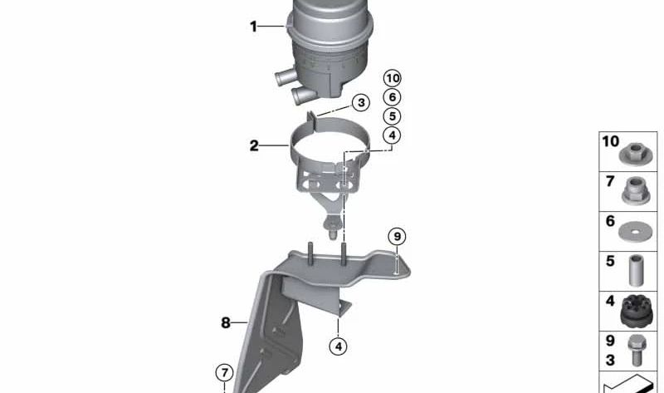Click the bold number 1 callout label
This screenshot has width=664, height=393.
click(x=254, y=27)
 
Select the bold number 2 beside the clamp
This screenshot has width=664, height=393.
click(x=254, y=146)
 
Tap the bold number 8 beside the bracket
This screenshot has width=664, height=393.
click(x=225, y=323)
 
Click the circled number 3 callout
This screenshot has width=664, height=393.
click(x=359, y=103)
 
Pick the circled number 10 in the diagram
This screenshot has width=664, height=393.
click(x=392, y=78)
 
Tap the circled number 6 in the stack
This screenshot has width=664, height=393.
click(x=392, y=97)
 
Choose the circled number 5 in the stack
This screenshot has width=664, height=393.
click(x=392, y=116)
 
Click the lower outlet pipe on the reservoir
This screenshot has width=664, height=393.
click(x=303, y=96)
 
